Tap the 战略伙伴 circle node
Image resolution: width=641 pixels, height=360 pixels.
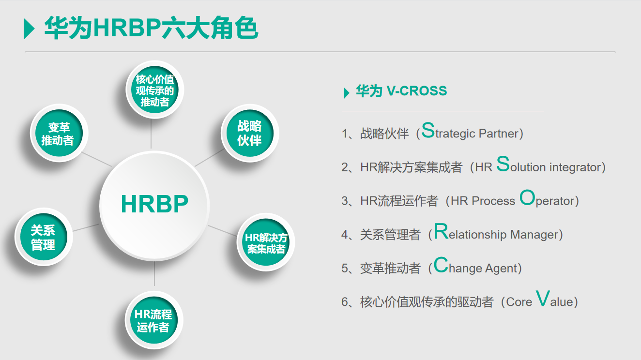point(249,133)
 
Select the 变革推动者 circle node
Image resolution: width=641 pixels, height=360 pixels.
point(59,134)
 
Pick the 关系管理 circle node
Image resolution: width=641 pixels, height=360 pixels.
point(43,238)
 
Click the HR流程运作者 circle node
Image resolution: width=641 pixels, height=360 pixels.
point(153,320)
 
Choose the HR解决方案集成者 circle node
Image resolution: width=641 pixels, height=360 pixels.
point(266,243)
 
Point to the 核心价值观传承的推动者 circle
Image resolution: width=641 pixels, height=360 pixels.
point(154,90)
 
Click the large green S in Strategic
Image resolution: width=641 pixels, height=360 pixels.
point(428,131)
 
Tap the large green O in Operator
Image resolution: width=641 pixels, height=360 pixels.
point(527,198)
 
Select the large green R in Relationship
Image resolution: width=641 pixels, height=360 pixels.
point(441,232)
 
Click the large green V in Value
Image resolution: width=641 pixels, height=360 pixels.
point(543,299)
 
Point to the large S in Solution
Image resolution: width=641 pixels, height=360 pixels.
point(503,165)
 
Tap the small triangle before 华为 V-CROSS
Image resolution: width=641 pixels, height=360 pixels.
point(346,92)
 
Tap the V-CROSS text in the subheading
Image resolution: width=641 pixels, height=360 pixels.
point(416,91)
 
